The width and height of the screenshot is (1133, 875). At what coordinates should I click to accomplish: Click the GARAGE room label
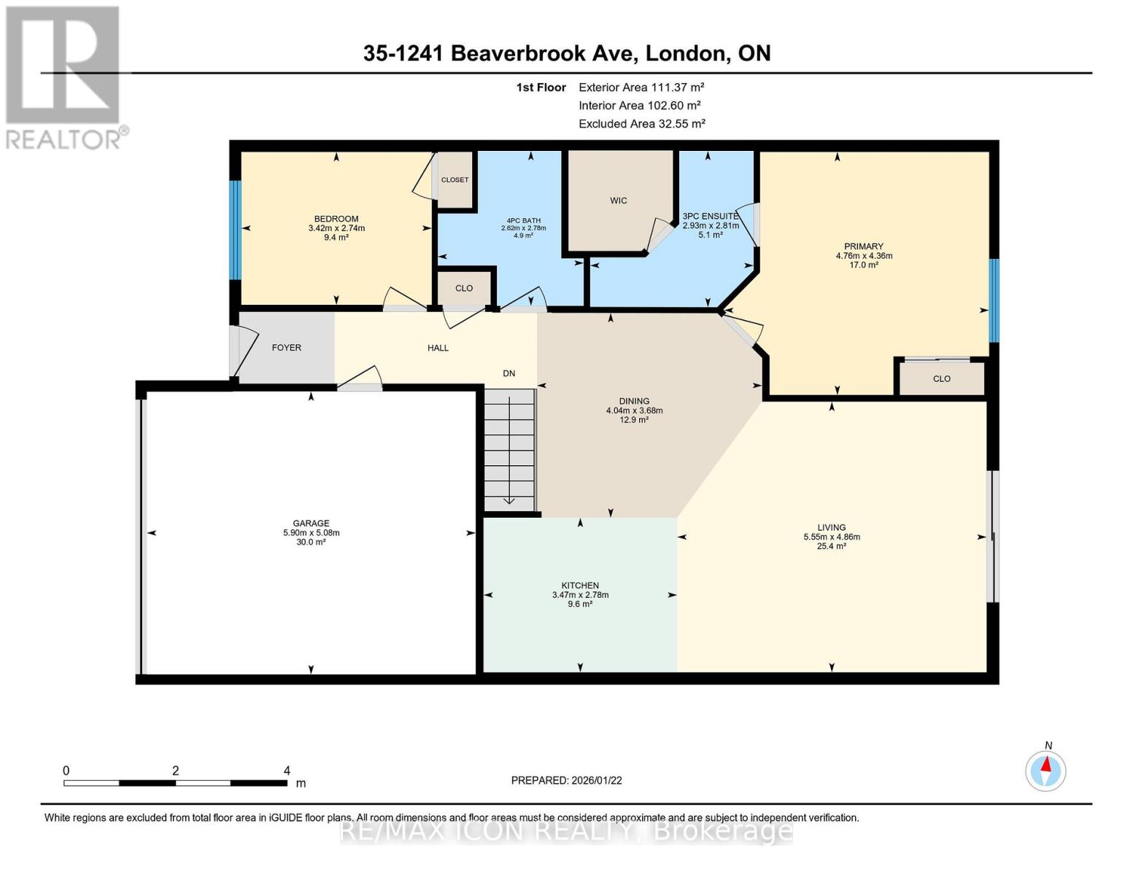[x=311, y=523]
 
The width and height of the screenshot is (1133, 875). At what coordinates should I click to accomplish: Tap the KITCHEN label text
[x=580, y=586]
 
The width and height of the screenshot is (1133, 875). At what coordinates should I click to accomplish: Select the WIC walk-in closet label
[x=619, y=201]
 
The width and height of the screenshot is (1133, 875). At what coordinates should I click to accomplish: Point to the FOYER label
[x=287, y=348]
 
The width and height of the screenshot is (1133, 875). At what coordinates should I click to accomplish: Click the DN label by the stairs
[x=509, y=373]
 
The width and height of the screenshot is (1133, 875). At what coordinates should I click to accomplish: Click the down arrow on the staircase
[x=509, y=499]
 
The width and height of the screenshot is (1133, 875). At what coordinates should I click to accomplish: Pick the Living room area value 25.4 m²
[x=832, y=546]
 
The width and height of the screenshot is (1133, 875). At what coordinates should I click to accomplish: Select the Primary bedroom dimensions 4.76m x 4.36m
[x=864, y=256]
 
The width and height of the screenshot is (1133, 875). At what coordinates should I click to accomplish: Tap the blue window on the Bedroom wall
[x=235, y=230]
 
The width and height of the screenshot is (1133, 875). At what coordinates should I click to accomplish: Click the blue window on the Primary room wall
[x=994, y=300]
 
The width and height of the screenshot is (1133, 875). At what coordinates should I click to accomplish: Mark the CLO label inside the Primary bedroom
[x=942, y=378]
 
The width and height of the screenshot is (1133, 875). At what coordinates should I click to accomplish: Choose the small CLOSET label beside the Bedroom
[x=455, y=180]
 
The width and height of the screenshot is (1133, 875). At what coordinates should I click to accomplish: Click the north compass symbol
[x=1046, y=770]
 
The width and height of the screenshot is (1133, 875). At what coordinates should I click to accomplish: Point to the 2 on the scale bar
[x=176, y=771]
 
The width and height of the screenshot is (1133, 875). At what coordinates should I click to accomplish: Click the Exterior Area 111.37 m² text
[x=641, y=87]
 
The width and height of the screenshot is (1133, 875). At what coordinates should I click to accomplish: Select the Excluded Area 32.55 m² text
[x=641, y=124]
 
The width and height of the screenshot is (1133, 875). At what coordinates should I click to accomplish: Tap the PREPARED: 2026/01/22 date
[x=566, y=780]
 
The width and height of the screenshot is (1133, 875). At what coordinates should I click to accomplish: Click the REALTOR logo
[x=64, y=77]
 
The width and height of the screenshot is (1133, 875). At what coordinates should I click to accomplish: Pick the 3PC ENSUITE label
[x=711, y=217]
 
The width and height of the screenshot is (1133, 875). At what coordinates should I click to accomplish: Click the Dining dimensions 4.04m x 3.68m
[x=634, y=411]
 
